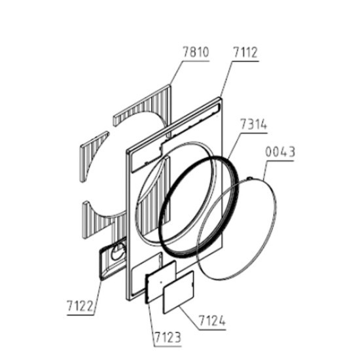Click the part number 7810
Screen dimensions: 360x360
196,52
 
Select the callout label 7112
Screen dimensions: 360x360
245,52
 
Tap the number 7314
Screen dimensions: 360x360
254,124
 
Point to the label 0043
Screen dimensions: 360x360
280,152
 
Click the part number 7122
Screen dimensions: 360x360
81,306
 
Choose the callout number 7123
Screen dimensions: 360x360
168,338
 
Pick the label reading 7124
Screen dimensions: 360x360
212,321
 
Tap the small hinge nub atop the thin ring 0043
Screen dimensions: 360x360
249,178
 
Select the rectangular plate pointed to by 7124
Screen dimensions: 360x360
179,292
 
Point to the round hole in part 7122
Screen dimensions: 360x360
118,251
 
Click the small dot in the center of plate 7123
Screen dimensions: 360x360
161,282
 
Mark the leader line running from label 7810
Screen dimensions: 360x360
176,73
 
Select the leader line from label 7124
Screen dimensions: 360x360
189,317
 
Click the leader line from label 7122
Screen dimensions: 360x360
98,297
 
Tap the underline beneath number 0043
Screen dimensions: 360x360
280,160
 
